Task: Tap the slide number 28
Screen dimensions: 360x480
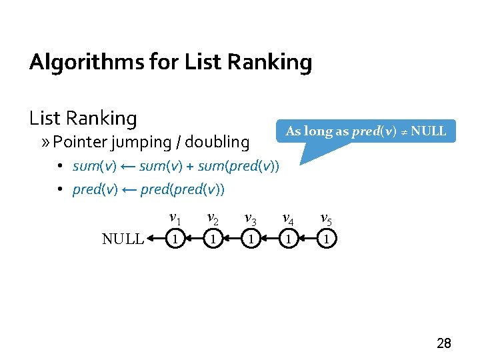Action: click(x=443, y=344)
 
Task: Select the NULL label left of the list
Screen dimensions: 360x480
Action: click(x=123, y=239)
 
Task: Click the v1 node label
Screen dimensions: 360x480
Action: click(x=175, y=217)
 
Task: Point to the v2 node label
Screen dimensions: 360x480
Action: click(x=213, y=217)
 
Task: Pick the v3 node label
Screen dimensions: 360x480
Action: click(x=251, y=217)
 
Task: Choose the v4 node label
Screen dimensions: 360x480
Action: click(x=289, y=217)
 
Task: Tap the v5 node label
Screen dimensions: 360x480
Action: click(x=327, y=217)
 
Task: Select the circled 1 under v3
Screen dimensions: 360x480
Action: click(x=251, y=238)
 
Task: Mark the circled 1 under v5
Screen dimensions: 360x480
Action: click(x=327, y=238)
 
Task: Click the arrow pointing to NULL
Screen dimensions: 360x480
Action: click(x=155, y=238)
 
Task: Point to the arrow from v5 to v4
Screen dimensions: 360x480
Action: click(x=307, y=238)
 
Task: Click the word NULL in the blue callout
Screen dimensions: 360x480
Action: click(x=429, y=131)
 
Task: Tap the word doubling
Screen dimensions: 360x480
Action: click(x=217, y=142)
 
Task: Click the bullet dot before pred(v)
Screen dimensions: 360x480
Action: click(x=59, y=189)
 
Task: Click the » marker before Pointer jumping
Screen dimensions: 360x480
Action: click(x=45, y=142)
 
